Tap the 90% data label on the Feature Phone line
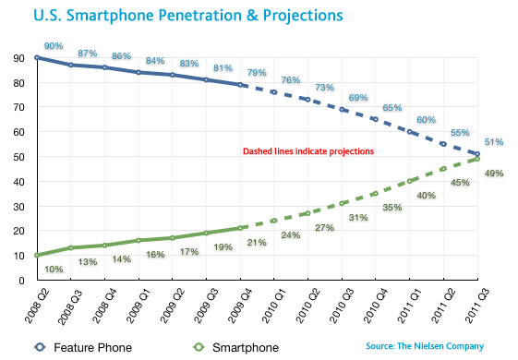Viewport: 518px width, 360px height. point(53,46)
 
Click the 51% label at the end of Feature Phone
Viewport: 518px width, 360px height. point(494,141)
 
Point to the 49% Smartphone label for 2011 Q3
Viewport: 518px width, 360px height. point(495,174)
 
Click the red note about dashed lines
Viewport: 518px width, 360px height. point(307,150)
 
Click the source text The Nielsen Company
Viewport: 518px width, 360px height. point(423,346)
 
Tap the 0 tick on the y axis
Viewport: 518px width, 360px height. point(19,281)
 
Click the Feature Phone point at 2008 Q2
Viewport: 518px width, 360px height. point(37,57)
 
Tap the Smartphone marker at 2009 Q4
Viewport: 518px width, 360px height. point(241,228)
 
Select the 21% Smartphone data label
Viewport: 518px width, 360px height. point(256,242)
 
